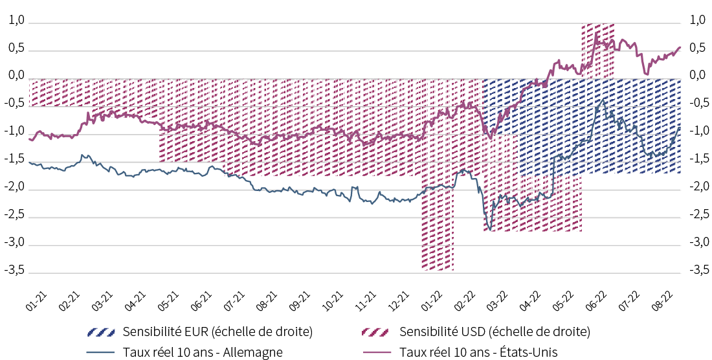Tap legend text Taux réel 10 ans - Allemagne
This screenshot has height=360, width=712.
click(203, 352)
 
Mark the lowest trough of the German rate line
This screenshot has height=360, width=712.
click(489, 229)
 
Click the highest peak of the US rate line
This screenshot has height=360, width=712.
click(595, 32)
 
